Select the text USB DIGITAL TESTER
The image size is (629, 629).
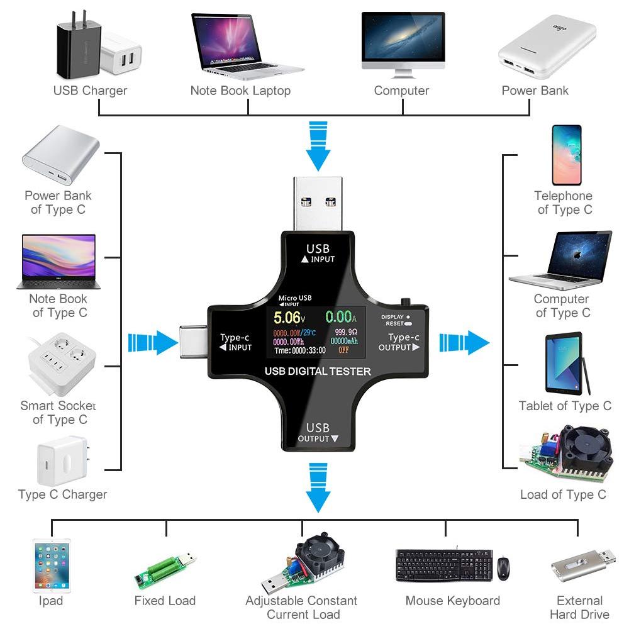pos(318,371)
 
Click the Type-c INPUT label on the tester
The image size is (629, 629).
pos(236,343)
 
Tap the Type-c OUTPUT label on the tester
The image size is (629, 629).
pos(399,343)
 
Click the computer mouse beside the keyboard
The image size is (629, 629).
pos(503,568)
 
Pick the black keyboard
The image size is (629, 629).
pos(444,565)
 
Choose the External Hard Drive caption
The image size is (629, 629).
pos(579,608)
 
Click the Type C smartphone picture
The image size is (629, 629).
pos(566,155)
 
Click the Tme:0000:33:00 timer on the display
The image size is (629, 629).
pos(300,350)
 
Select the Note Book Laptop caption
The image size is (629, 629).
pos(240,91)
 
